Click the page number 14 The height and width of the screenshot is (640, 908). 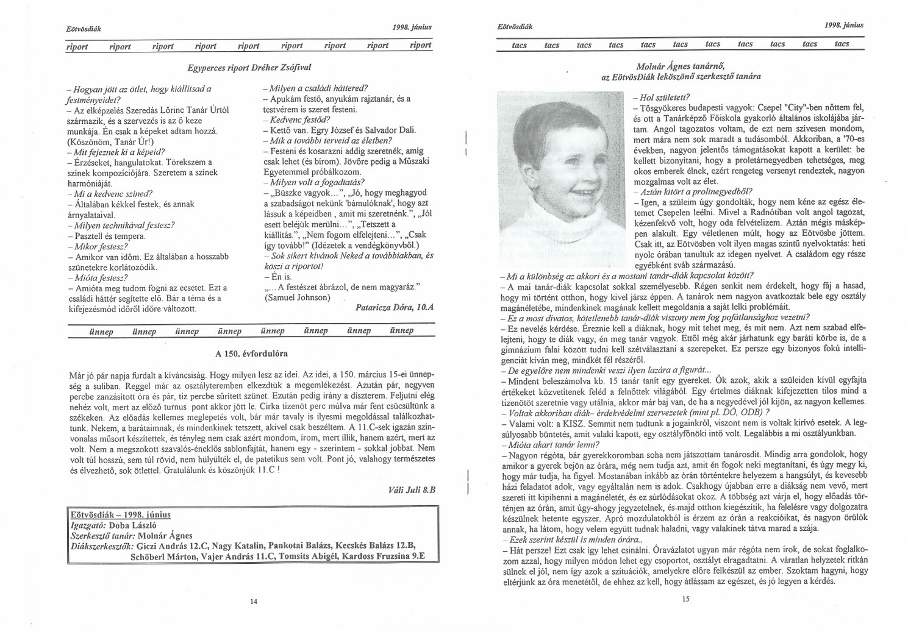pyautogui.click(x=254, y=602)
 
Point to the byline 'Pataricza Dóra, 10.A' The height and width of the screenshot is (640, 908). pyautogui.click(x=394, y=308)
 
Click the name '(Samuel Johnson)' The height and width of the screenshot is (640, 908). pyautogui.click(x=297, y=298)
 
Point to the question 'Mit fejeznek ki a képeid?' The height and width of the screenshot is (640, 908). pyautogui.click(x=116, y=152)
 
